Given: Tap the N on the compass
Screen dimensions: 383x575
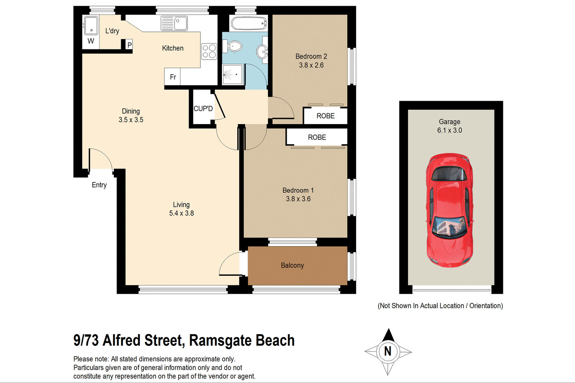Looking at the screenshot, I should [388, 351].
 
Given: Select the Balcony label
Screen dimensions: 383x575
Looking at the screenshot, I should [292, 265].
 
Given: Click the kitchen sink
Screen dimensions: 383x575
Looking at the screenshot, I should [174, 23].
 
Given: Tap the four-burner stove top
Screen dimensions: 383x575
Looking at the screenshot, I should [209, 51].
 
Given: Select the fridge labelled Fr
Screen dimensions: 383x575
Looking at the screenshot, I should [172, 77].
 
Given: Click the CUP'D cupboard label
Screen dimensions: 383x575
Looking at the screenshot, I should [203, 109].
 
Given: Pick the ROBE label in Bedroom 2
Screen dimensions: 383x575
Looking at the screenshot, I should [325, 116].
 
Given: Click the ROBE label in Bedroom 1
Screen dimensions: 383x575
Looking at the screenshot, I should [317, 137].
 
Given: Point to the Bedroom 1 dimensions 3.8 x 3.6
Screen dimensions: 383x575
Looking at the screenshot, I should [298, 199].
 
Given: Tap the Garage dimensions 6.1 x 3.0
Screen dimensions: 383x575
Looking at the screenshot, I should [449, 130].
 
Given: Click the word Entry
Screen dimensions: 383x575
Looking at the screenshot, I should [99, 185].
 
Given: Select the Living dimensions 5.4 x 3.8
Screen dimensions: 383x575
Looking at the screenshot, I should [181, 213].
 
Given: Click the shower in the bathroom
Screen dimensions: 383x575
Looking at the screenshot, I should [232, 74].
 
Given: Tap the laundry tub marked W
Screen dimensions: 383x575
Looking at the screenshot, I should [91, 27].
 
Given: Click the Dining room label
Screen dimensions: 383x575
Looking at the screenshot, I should [131, 111].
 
